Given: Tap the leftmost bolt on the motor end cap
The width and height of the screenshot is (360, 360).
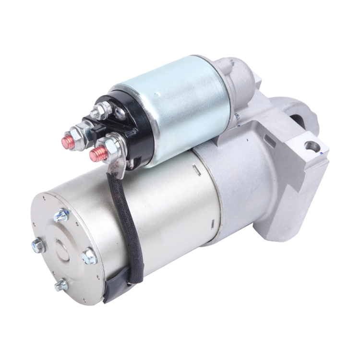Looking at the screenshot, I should pyautogui.click(x=38, y=245).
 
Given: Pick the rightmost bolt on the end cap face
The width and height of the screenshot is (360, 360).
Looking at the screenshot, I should pyautogui.click(x=89, y=256).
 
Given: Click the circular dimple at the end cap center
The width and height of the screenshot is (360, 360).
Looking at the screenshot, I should pyautogui.click(x=63, y=250).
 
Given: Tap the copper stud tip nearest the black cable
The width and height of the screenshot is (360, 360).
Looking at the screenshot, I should pyautogui.click(x=96, y=155).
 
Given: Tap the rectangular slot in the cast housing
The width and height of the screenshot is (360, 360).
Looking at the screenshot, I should pyautogui.click(x=270, y=141).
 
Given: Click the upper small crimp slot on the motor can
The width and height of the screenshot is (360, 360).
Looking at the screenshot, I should pyautogui.click(x=196, y=168).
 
